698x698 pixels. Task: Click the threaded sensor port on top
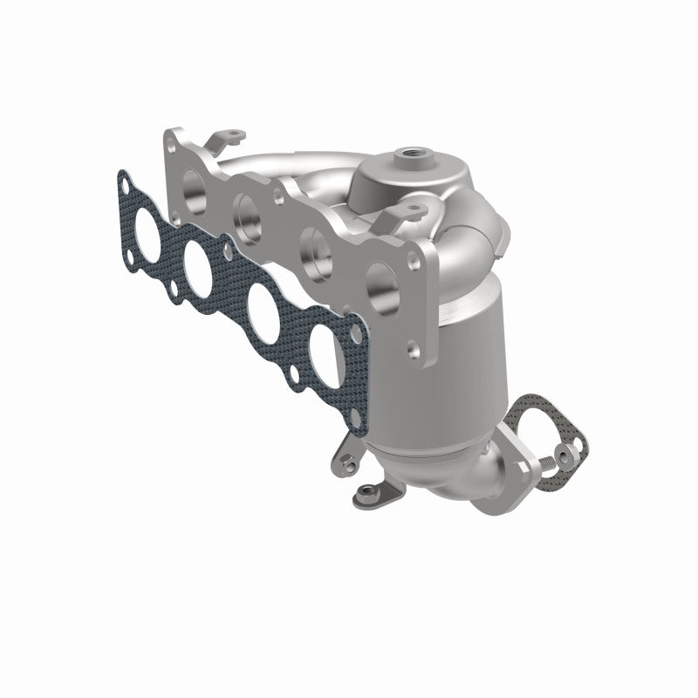coord(359,154)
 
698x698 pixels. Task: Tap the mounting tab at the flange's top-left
coord(229,135)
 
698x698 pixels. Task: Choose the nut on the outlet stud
coord(568,454)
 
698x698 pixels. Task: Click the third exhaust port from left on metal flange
coord(313,245)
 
